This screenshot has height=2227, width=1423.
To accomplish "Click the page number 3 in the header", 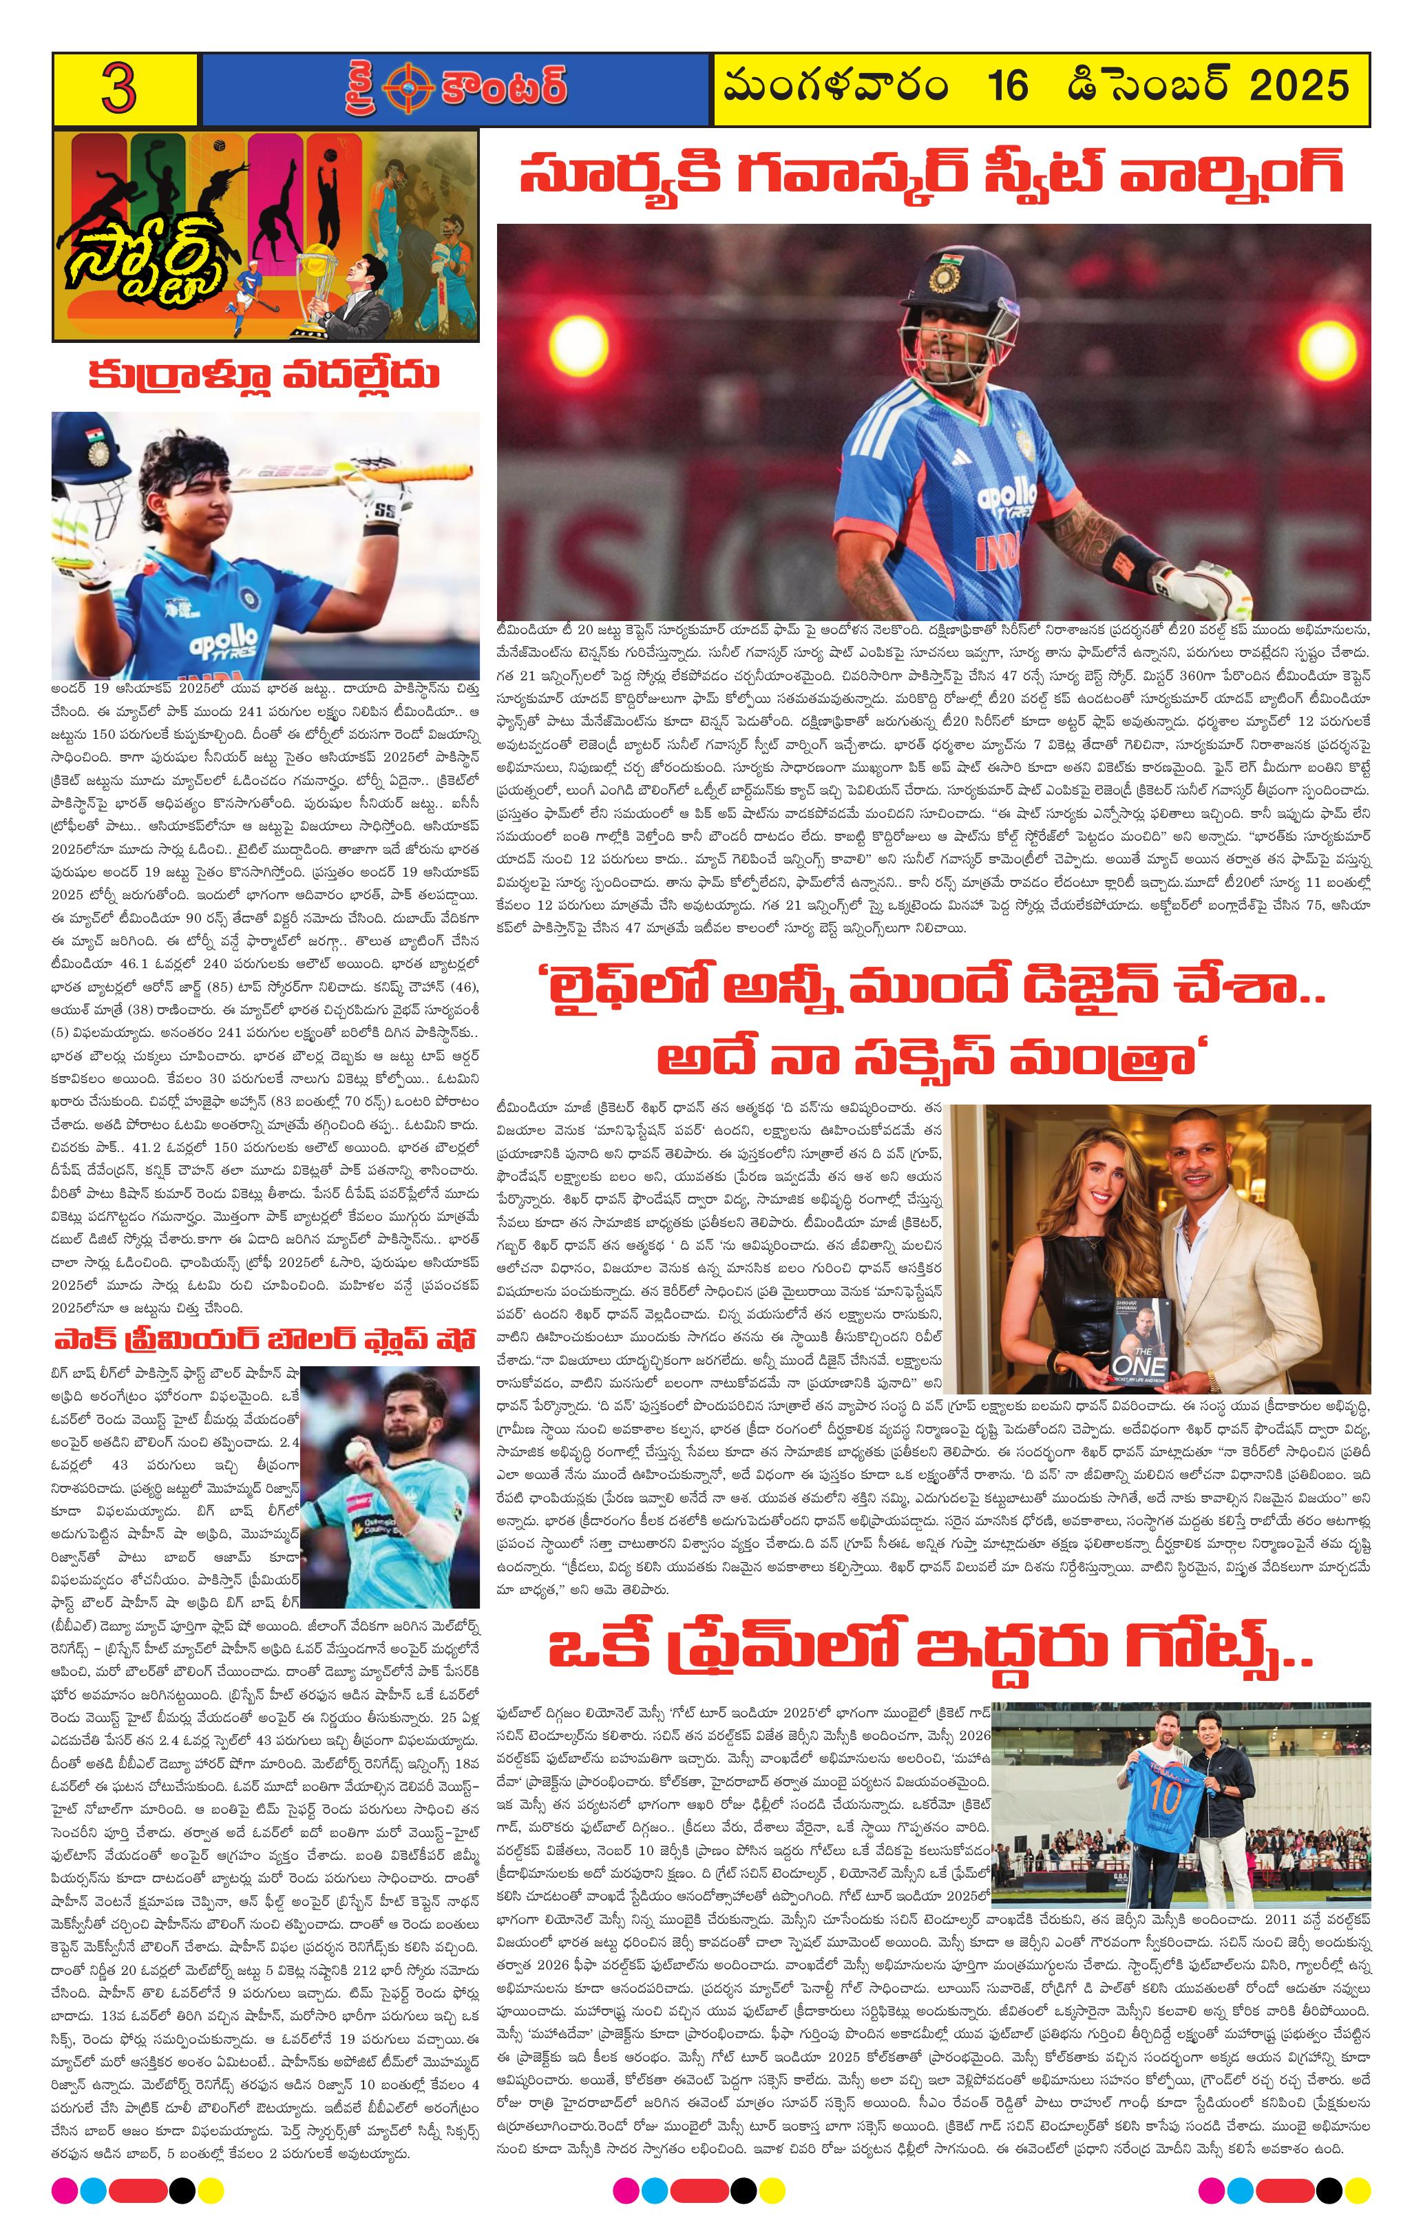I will [x=121, y=89].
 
